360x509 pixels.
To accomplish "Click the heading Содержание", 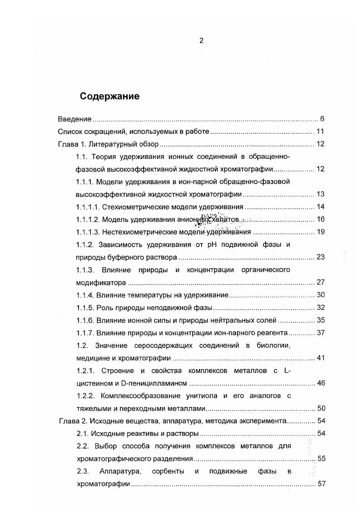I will tap(110, 96).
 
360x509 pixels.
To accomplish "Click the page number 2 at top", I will tap(202, 40).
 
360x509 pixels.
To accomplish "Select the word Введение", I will tap(75, 119).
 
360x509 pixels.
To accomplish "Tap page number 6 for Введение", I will tap(322, 119).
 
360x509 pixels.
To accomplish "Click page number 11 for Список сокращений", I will tap(320, 132).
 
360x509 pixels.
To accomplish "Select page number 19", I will tap(320, 232).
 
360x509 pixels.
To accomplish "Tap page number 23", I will tap(320, 257).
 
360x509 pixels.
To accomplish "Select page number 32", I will tap(320, 308).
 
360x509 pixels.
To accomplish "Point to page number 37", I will tap(320, 333).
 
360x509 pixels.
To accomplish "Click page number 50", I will tap(320, 408).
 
